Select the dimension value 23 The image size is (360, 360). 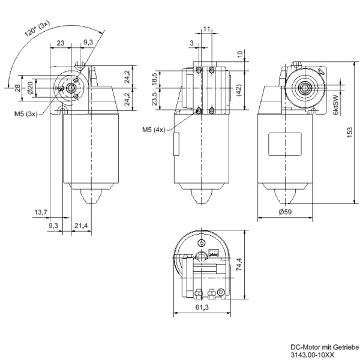(x=61, y=43)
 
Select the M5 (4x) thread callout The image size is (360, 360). (x=154, y=129)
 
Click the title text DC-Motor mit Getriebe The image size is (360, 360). (x=324, y=347)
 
